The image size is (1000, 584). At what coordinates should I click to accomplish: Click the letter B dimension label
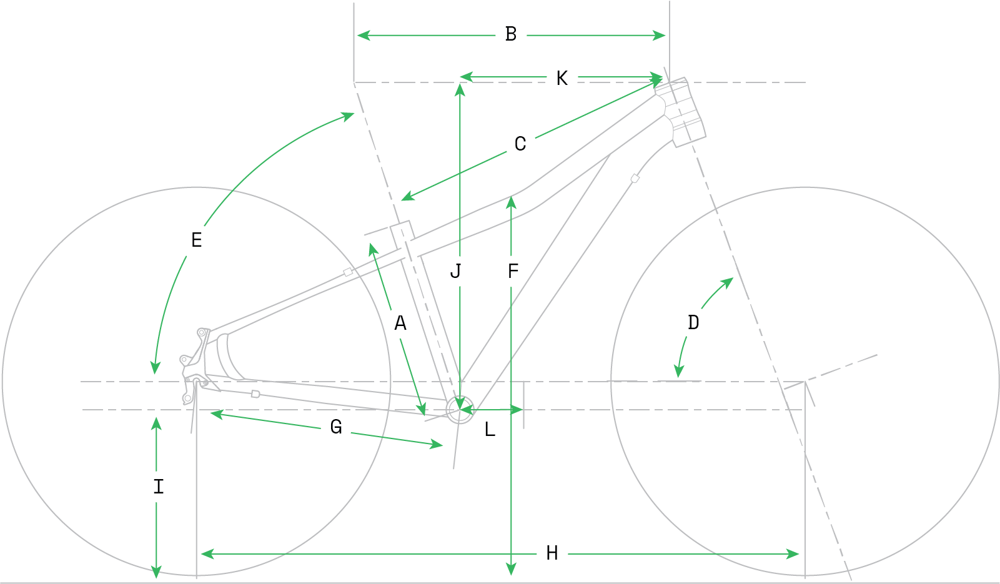[x=511, y=34]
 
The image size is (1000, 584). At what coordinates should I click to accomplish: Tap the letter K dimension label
[x=562, y=79]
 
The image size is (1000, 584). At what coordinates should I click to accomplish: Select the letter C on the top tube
[x=520, y=144]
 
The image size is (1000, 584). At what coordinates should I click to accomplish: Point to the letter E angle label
[x=197, y=240]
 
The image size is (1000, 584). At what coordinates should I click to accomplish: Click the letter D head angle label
[x=693, y=323]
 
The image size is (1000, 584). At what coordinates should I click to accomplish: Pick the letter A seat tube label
[x=400, y=324]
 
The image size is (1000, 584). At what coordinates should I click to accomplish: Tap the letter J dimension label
[x=456, y=272]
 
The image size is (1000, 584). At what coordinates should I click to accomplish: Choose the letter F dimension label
[x=513, y=272]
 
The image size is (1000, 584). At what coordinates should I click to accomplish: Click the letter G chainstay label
[x=336, y=427]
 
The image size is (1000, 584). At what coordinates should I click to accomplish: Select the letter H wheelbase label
[x=552, y=553]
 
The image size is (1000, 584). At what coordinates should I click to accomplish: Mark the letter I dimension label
[x=159, y=487]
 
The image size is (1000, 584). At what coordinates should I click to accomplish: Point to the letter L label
[x=490, y=430]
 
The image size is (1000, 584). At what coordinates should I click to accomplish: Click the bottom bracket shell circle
[x=460, y=410]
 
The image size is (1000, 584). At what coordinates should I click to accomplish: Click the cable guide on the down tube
[x=635, y=179]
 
